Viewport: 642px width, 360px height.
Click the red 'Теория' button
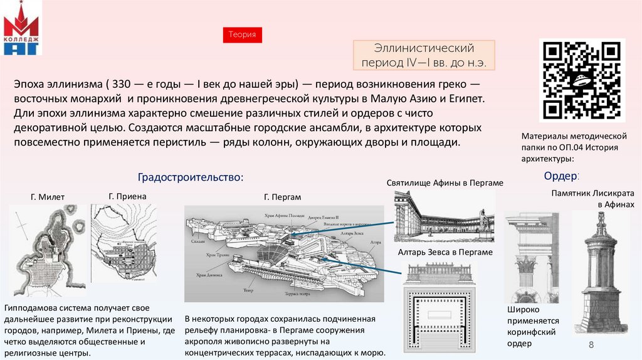[242, 35]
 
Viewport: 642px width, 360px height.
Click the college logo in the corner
[21, 29]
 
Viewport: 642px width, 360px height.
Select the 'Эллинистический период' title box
[424, 55]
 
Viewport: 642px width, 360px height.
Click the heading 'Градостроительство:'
[190, 177]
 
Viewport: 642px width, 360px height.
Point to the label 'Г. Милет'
[48, 197]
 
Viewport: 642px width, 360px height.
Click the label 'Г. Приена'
[127, 196]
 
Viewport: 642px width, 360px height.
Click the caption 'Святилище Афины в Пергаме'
[445, 183]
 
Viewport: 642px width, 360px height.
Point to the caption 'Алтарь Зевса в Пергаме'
[445, 252]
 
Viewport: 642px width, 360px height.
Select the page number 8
[591, 347]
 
